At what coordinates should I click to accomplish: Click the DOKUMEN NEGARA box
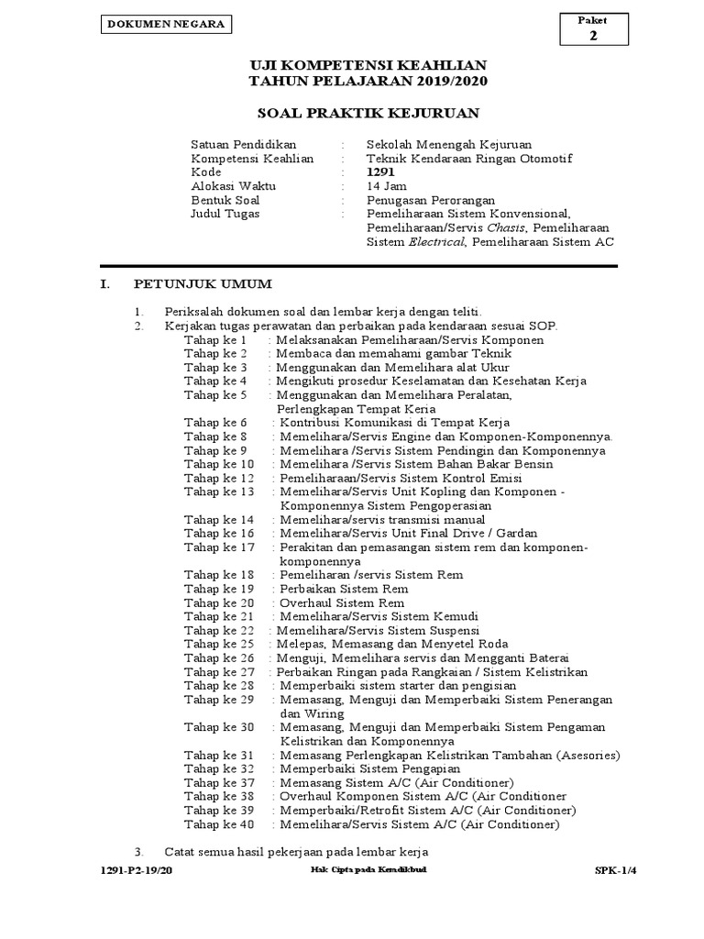tap(166, 25)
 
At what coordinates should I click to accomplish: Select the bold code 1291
tap(381, 172)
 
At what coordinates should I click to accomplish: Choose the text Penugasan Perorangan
tap(431, 200)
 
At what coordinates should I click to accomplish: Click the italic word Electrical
tap(434, 242)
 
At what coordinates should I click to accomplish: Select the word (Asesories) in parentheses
tap(588, 756)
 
